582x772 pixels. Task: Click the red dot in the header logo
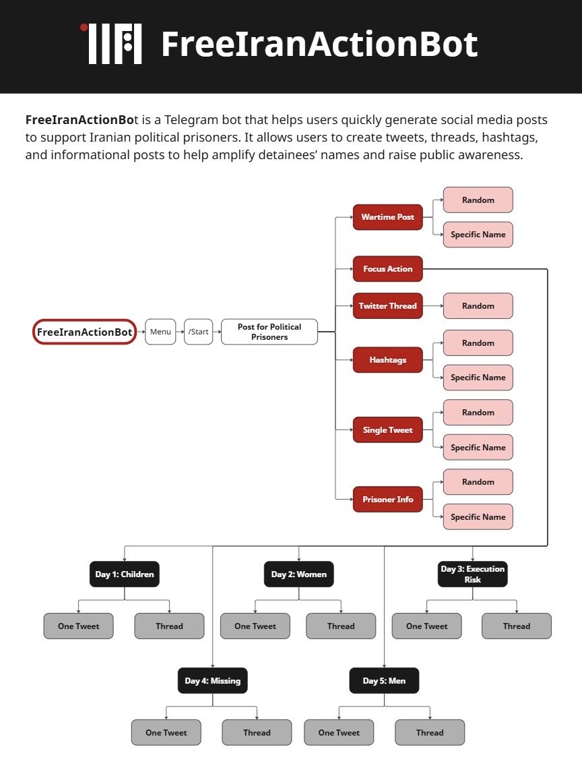point(84,28)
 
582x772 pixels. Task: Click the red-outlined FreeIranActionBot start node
point(84,332)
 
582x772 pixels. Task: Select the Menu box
point(160,332)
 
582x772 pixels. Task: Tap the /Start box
point(198,332)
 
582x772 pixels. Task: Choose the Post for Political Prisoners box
point(269,332)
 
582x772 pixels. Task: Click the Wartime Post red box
point(387,217)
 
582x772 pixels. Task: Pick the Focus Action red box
point(387,269)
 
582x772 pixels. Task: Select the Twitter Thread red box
point(387,306)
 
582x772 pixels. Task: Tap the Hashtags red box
point(387,360)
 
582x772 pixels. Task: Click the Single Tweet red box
point(387,430)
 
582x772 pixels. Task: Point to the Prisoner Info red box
point(387,500)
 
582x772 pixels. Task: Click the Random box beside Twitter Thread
point(478,306)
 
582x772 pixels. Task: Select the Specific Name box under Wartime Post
point(478,235)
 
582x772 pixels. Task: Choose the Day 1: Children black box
point(125,574)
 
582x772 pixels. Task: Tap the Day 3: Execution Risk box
point(472,574)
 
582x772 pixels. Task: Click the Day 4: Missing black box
point(212,681)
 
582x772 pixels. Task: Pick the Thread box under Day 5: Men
point(429,733)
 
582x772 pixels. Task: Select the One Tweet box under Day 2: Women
point(255,626)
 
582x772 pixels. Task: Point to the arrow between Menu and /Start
point(180,332)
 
